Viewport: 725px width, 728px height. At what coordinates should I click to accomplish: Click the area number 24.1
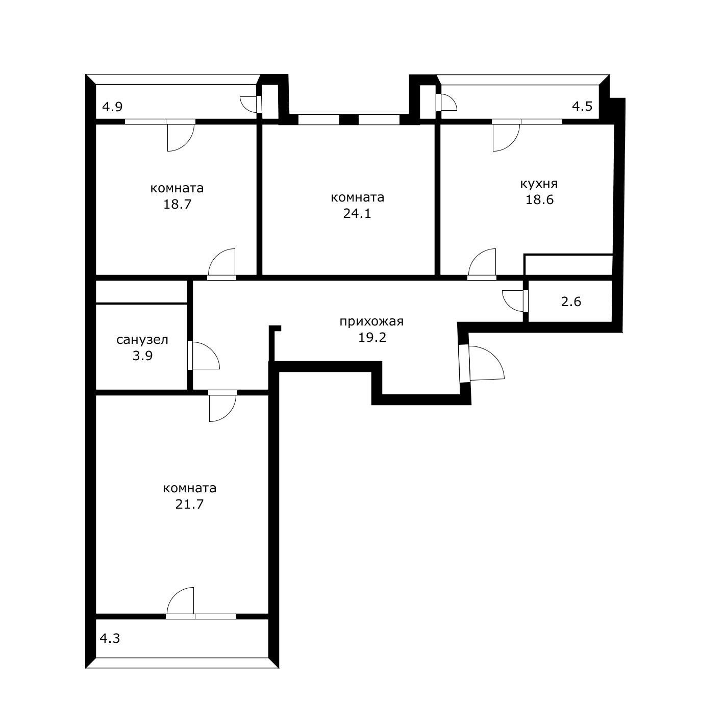coord(357,214)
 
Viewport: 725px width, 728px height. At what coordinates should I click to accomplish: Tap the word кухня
coord(539,184)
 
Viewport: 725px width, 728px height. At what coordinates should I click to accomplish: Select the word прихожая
coord(371,322)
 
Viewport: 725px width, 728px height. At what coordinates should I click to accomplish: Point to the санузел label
coord(142,340)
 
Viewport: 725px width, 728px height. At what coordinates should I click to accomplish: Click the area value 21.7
coord(189,505)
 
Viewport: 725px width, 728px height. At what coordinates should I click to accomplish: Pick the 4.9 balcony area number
coord(112,107)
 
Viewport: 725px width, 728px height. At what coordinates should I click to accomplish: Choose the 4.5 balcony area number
coord(582,107)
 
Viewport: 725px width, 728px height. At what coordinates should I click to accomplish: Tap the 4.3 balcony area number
coord(110,638)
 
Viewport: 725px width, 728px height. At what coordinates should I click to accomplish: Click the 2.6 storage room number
coord(571,302)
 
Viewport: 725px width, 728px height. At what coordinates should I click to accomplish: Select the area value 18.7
coord(177,205)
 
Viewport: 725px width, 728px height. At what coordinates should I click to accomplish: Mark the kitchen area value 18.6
coord(539,200)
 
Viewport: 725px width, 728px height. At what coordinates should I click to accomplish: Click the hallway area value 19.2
coord(372,337)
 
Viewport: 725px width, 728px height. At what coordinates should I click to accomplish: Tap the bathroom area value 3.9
coord(142,356)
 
